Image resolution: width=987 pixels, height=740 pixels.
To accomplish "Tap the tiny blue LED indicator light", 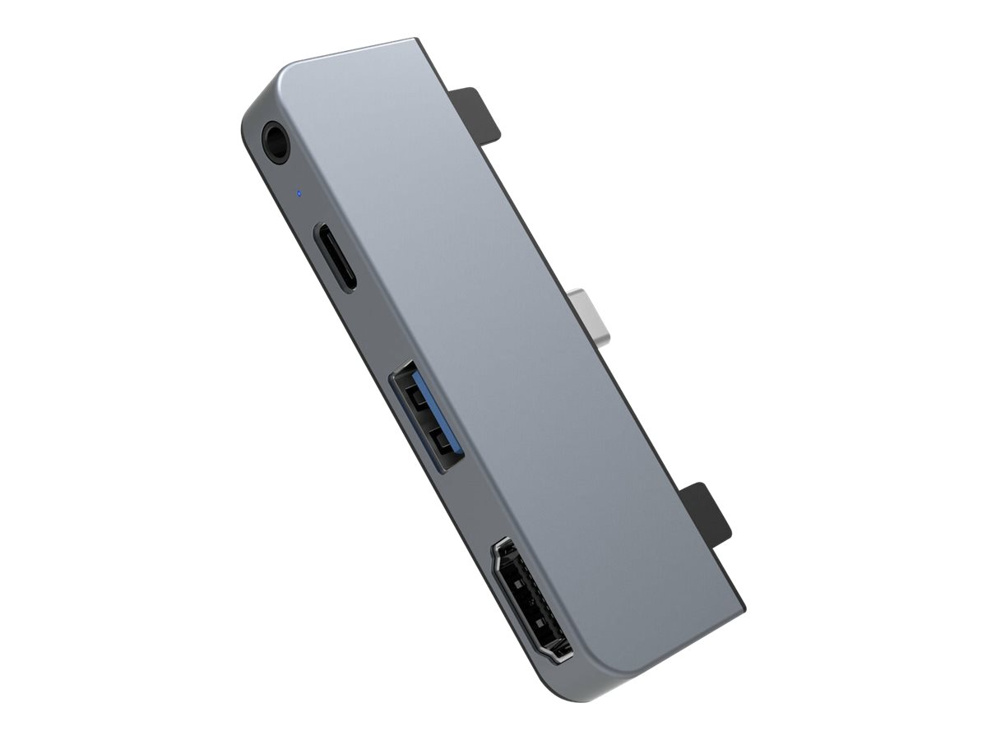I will click(299, 195).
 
